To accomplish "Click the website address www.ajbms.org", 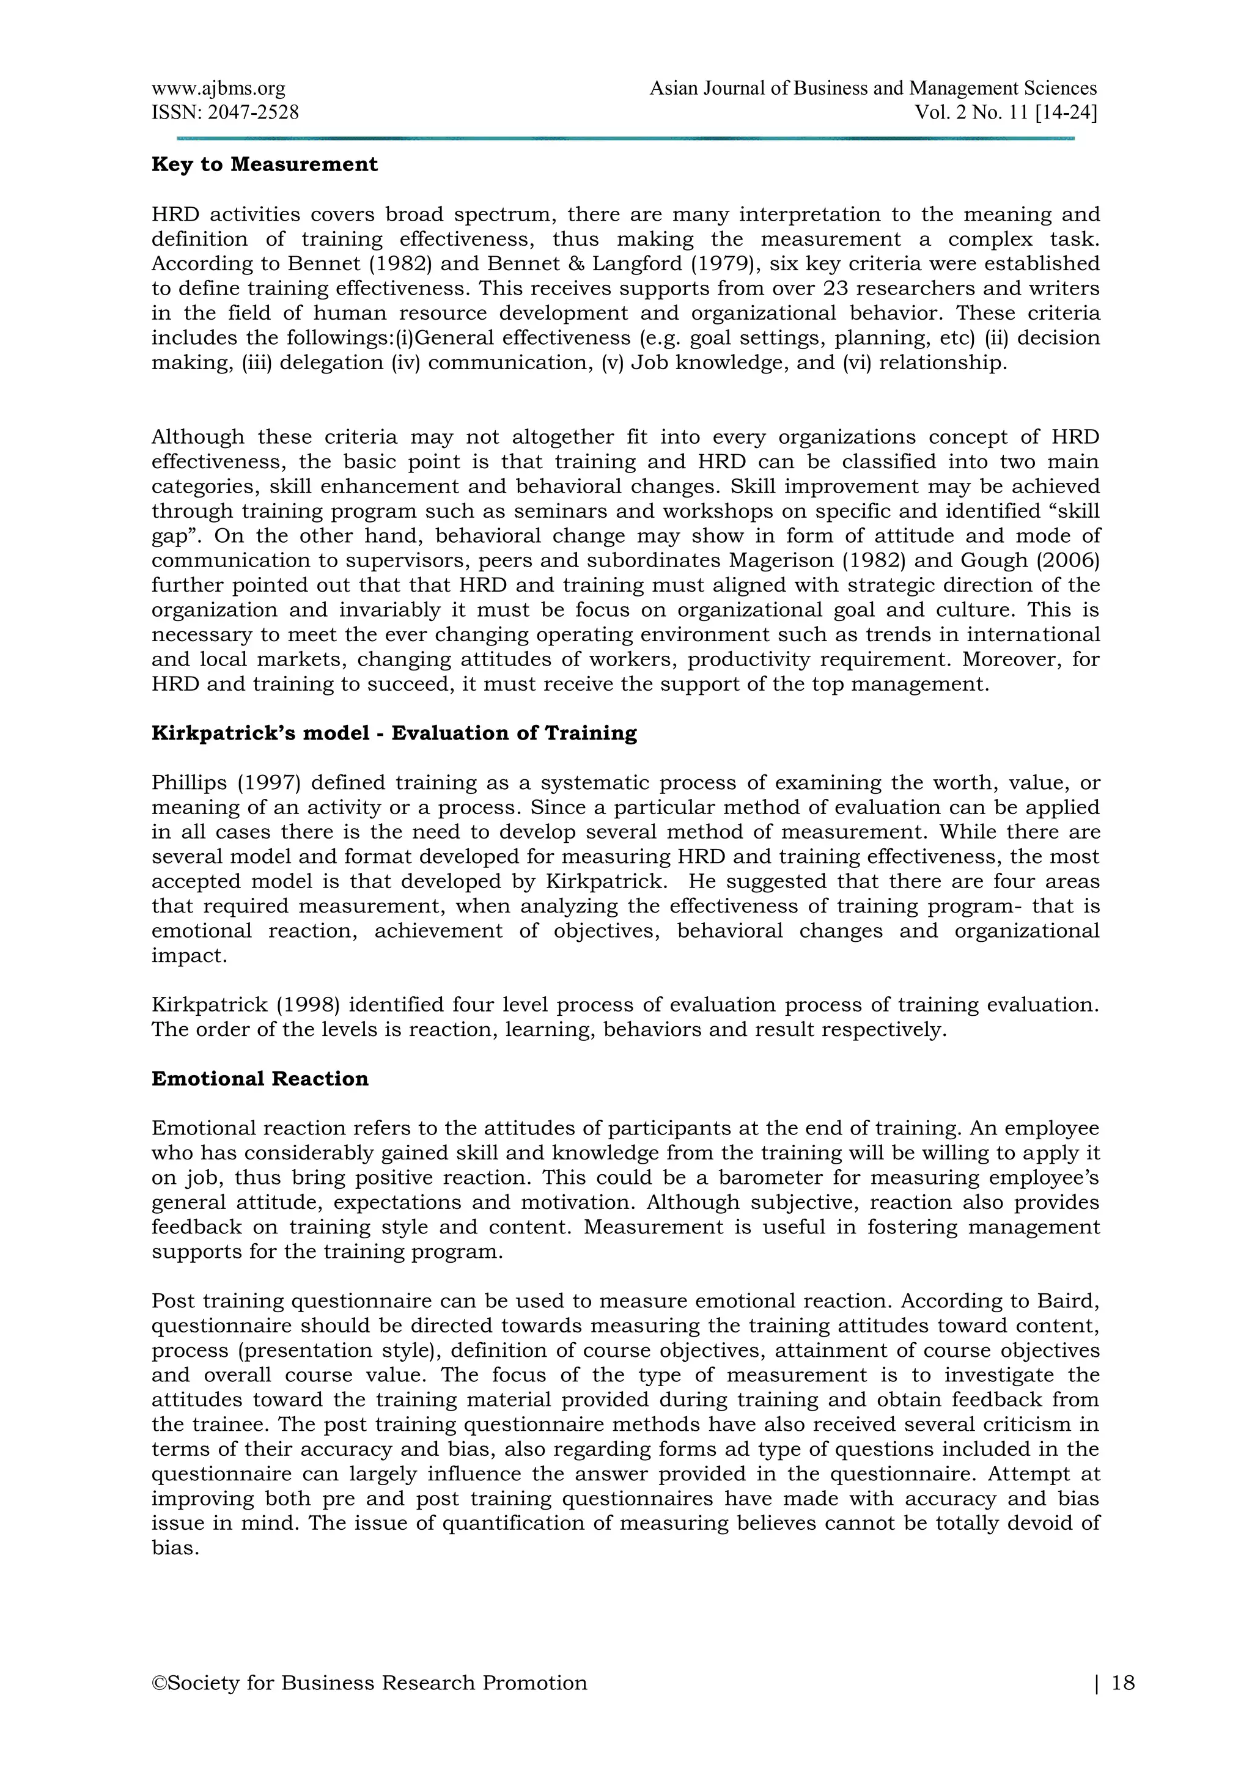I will tap(218, 89).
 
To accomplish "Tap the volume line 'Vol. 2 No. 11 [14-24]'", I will tap(1005, 112).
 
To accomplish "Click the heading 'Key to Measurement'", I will tap(265, 164).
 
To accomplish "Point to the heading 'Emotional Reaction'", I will tap(260, 1079).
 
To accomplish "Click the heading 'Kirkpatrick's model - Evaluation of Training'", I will tap(394, 733).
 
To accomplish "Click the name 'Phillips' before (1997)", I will tap(189, 782).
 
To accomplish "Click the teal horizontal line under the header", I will tap(624, 138).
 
